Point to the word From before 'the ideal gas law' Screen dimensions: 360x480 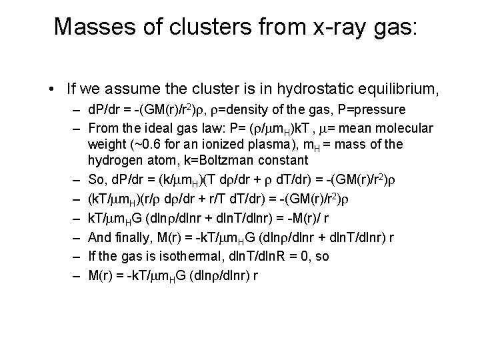click(103, 128)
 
